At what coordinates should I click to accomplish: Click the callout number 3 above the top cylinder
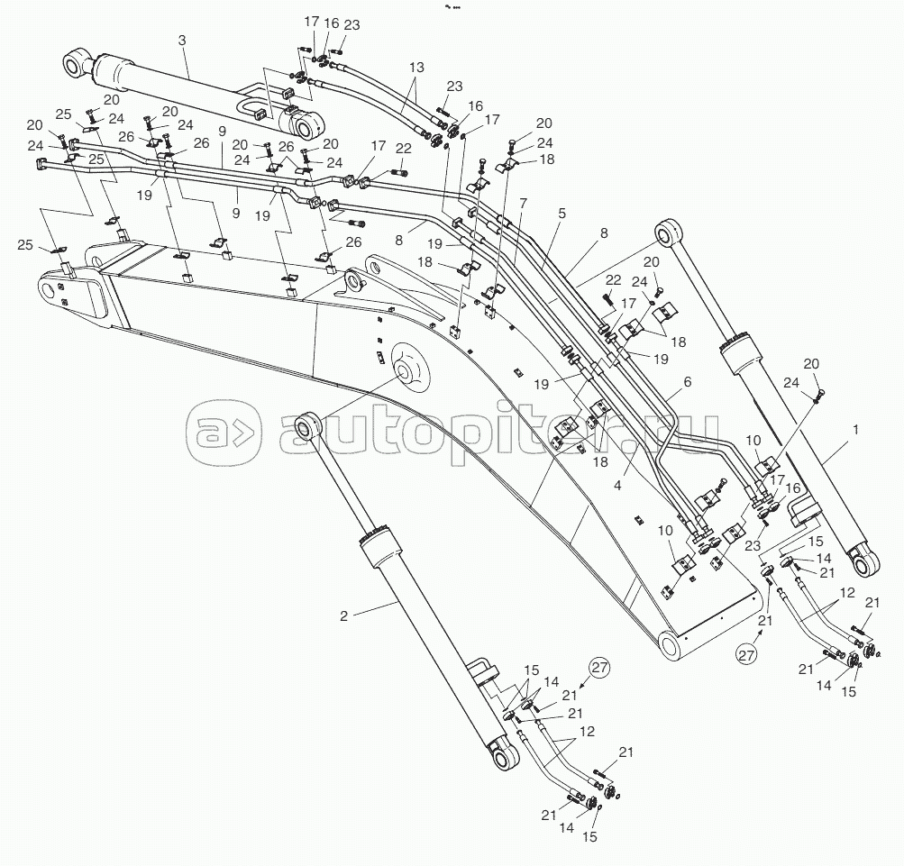(182, 41)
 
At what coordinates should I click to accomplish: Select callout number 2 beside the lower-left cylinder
(343, 616)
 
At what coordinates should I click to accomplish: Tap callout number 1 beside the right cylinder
(855, 430)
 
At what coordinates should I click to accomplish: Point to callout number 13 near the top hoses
(416, 68)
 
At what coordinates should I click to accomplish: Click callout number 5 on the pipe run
(562, 214)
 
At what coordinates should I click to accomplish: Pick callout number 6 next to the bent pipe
(687, 382)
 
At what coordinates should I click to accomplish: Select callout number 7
(523, 203)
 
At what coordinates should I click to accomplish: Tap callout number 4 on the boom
(617, 486)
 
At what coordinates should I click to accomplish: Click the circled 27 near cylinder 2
(599, 667)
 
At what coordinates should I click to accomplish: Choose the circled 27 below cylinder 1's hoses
(746, 655)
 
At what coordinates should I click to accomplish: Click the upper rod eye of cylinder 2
(306, 426)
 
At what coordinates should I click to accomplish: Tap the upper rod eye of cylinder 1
(668, 232)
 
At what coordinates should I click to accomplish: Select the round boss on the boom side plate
(410, 369)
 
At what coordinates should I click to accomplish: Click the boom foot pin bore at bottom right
(671, 645)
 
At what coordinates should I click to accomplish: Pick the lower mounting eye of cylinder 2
(506, 755)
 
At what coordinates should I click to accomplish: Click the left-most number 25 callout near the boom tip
(25, 245)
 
